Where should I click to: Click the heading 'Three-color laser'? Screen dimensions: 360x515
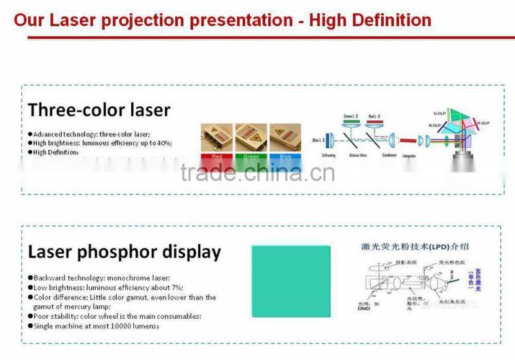coord(99,109)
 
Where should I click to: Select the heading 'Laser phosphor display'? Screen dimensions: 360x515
coord(124,252)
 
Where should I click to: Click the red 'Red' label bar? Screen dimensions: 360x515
coord(217,156)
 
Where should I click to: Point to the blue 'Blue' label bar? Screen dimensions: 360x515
coord(285,156)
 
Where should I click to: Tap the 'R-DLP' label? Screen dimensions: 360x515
coord(483,122)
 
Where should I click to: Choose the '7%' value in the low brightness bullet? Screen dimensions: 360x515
coord(176,287)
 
